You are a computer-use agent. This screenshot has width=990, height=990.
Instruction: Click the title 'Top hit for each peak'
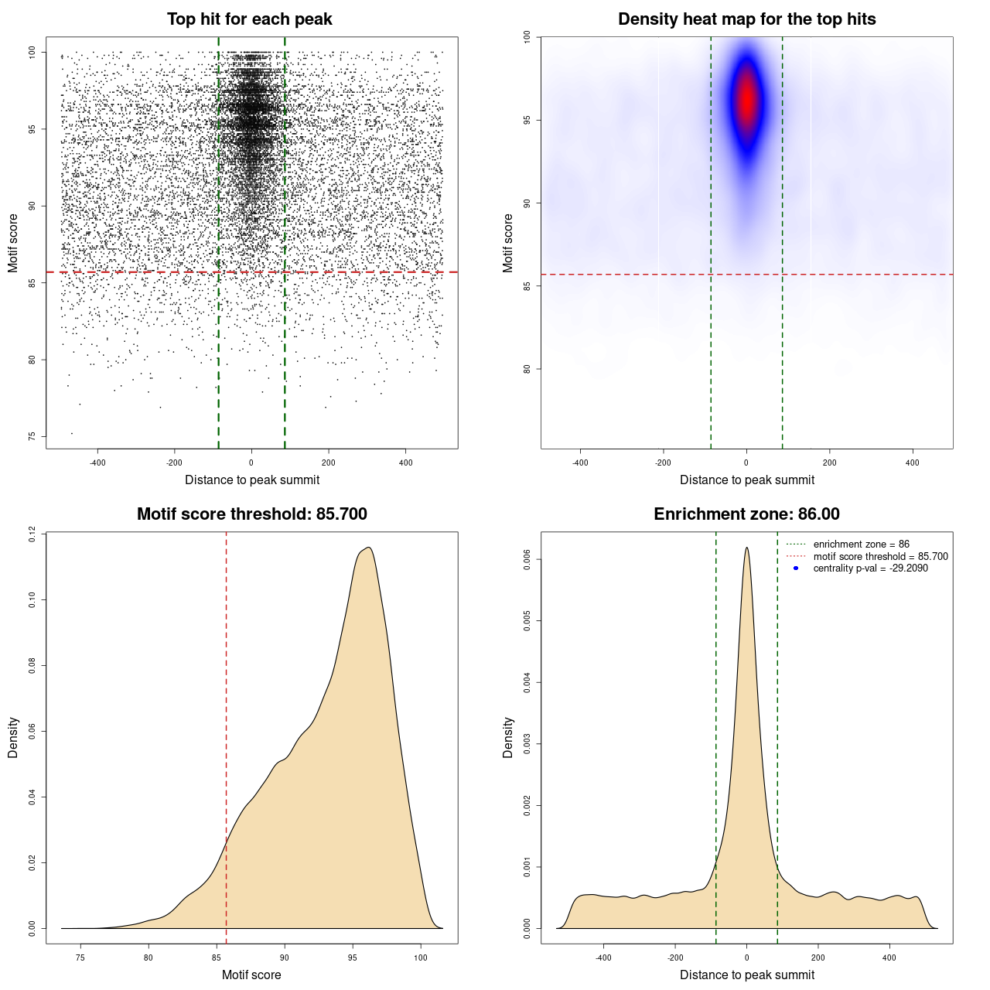[x=249, y=19]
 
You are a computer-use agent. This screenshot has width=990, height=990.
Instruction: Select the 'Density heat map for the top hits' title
[x=746, y=19]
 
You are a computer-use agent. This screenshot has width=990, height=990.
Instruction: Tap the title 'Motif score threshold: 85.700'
[x=251, y=514]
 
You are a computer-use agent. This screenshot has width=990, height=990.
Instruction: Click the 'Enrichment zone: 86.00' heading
[x=746, y=514]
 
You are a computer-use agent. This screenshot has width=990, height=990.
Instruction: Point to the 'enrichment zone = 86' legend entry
[x=861, y=544]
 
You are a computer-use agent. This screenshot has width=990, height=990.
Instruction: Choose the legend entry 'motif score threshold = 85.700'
[x=880, y=557]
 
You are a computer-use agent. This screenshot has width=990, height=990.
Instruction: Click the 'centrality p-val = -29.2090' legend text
[x=870, y=568]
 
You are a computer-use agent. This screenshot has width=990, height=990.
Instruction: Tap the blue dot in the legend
[x=796, y=568]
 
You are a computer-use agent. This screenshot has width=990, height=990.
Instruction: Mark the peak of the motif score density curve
[x=369, y=548]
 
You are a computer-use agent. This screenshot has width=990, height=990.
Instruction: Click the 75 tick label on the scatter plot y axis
[x=32, y=436]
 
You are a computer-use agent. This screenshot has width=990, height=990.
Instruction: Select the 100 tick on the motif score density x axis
[x=421, y=958]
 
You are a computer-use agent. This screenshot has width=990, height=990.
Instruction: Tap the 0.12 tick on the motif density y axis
[x=32, y=534]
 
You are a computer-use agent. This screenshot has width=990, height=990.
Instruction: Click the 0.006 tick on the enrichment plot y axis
[x=527, y=559]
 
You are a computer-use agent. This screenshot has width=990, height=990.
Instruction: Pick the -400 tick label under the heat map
[x=580, y=463]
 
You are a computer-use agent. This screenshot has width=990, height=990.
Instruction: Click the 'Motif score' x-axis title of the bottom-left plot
[x=251, y=975]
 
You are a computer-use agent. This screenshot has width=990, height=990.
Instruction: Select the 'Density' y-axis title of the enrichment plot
[x=508, y=737]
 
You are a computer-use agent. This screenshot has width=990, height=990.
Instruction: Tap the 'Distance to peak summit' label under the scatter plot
[x=252, y=480]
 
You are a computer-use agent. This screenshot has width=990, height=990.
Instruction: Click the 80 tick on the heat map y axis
[x=527, y=369]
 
